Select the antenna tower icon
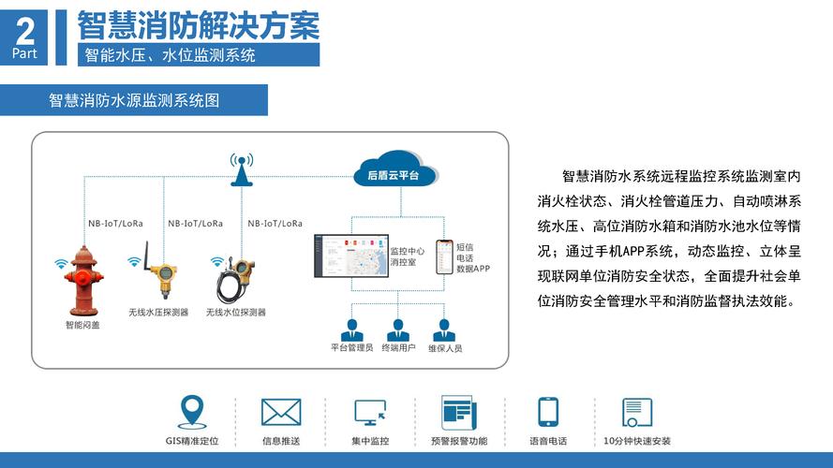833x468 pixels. pos(242,169)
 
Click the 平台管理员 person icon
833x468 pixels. pos(352,330)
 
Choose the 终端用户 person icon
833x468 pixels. pos(398,330)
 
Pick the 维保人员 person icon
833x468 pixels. pos(445,330)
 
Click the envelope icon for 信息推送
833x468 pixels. pos(280,412)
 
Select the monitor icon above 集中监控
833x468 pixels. pos(370,412)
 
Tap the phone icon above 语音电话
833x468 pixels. pos(548,412)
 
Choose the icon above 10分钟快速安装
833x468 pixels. pos(637,412)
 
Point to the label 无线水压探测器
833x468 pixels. pos(158,312)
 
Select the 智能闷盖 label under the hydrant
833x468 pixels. pos(82,326)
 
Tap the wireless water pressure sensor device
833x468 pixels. pos(163,275)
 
